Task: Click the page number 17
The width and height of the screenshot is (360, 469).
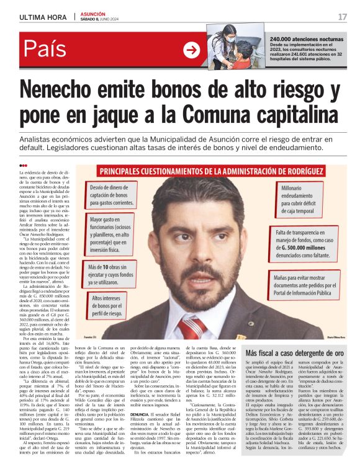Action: pos(342,16)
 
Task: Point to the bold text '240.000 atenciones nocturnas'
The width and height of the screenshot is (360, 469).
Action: pos(308,40)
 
